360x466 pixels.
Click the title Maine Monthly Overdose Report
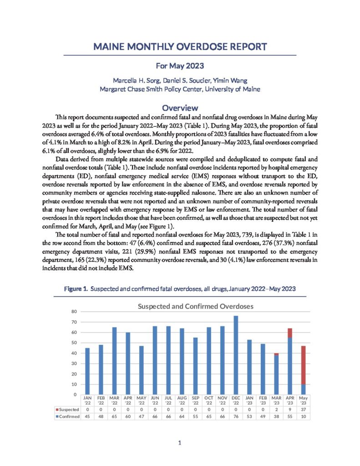(180, 47)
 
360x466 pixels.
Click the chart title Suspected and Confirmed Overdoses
(195, 306)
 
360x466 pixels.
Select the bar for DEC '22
(236, 355)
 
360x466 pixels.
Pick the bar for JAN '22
(87, 371)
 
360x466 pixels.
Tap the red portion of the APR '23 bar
(289, 333)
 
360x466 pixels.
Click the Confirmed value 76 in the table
(236, 417)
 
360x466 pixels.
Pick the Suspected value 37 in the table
(303, 410)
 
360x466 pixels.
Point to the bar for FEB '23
(263, 369)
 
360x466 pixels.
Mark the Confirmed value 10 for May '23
(303, 417)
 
